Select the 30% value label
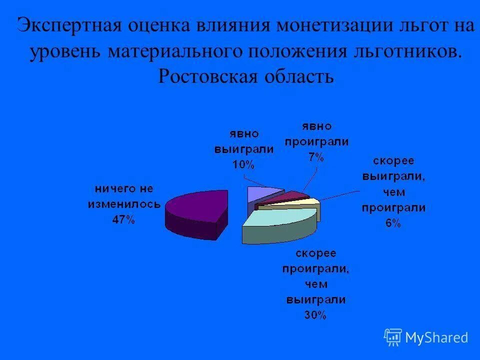tap(315, 315)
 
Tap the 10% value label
tap(243, 164)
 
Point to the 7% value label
tap(316, 157)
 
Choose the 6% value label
tap(393, 223)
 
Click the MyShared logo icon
tap(392, 337)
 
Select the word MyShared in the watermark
tap(436, 337)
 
